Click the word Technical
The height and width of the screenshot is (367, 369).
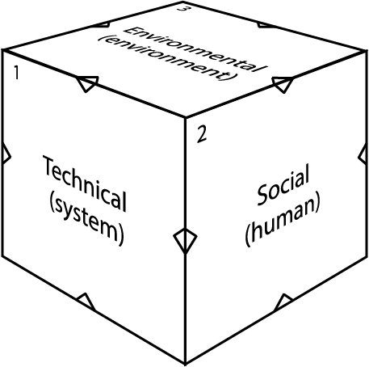coord(85,183)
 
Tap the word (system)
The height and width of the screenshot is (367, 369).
coord(87,218)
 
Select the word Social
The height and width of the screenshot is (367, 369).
coord(283,184)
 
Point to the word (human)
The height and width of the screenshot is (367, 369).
coord(283,219)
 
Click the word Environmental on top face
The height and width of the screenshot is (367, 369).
coord(195,49)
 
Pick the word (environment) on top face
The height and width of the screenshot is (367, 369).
coord(168,58)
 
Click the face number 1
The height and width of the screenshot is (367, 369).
coord(17,73)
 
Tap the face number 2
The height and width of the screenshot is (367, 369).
coord(202,134)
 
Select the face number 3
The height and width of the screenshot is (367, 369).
coord(182,8)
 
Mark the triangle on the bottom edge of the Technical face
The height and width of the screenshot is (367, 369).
coord(86,302)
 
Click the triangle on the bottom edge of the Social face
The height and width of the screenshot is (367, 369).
coord(283,302)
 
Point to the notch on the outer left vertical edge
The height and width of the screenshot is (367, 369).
coord(6,153)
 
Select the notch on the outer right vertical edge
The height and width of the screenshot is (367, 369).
coord(363,153)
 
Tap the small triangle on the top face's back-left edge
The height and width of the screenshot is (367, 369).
coord(103,24)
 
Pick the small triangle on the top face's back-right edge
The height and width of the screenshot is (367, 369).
coord(265,25)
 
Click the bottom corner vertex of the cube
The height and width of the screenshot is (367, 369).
coord(185,364)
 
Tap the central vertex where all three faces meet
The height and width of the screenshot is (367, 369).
coord(186,117)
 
